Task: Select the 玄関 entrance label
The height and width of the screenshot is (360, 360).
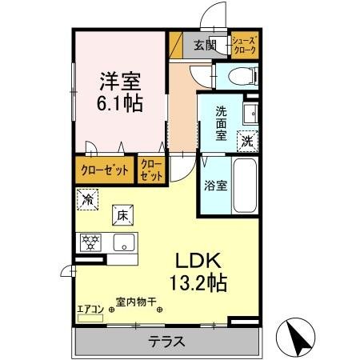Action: tap(204, 45)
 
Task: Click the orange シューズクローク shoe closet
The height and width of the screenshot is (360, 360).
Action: tap(244, 45)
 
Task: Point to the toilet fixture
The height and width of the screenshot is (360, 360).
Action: tap(240, 77)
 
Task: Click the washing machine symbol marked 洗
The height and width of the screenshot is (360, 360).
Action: tap(249, 138)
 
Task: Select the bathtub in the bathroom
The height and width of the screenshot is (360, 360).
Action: tap(243, 186)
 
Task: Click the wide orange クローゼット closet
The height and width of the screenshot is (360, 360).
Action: tap(104, 169)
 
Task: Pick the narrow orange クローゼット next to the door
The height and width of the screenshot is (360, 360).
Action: tap(151, 169)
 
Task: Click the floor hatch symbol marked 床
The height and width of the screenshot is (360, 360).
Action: tap(122, 214)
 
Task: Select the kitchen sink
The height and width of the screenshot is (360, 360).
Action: tap(122, 242)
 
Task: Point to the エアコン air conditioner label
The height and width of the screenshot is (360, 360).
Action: tap(90, 308)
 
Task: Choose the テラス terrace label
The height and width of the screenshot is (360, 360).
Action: tap(166, 342)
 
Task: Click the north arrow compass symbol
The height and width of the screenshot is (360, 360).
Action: tap(295, 336)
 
